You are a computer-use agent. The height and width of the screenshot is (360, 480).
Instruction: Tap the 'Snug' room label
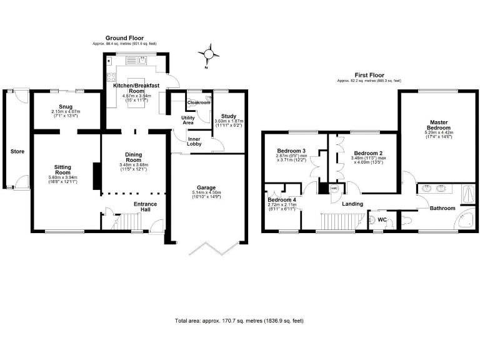tap(66, 107)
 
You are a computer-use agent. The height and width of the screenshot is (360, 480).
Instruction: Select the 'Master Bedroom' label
tap(438, 125)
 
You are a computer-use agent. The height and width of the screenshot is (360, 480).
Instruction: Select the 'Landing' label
tap(354, 204)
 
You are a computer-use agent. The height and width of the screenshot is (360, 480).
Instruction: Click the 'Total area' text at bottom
tap(239, 321)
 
